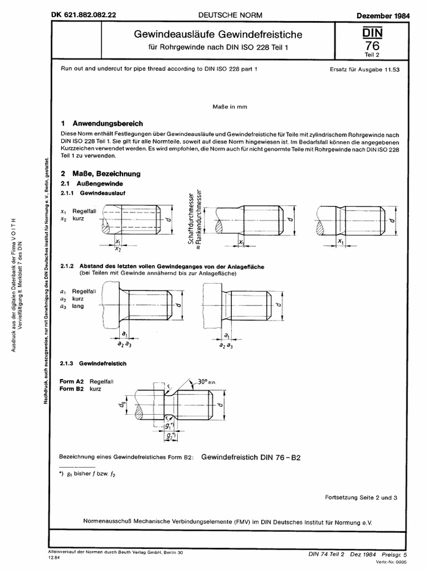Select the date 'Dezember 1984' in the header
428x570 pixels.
coord(383,16)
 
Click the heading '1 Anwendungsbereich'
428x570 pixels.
coord(102,124)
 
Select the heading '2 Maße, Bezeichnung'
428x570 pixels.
coord(100,174)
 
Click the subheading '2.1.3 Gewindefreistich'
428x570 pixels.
coord(93,363)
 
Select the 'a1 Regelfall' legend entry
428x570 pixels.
coord(78,291)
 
